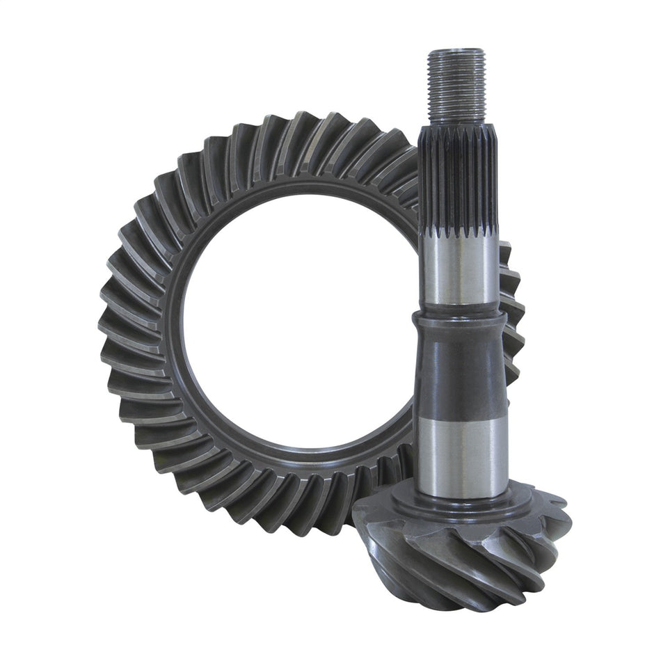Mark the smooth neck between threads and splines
pos(457,129)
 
